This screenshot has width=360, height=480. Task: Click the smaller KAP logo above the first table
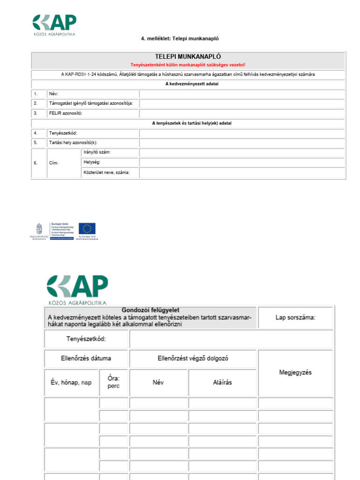click(54, 24)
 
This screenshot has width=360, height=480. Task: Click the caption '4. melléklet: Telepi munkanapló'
click(180, 39)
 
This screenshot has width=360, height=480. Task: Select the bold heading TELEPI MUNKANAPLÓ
click(188, 56)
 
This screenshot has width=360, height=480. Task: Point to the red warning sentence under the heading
click(188, 65)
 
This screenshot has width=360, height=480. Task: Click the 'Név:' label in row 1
click(54, 94)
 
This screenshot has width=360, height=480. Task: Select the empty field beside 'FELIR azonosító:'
click(242, 113)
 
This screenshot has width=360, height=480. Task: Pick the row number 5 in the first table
click(36, 142)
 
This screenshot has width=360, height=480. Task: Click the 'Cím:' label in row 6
click(54, 163)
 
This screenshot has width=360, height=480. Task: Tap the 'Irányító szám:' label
click(97, 153)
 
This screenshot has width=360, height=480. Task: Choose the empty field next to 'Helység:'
click(242, 163)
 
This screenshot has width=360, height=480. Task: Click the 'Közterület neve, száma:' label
click(106, 173)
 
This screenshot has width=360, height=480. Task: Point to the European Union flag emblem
click(87, 228)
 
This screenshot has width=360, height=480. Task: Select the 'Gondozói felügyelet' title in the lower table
click(150, 310)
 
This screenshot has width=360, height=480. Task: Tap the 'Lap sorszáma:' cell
click(295, 317)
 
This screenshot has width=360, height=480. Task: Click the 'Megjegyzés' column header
click(295, 373)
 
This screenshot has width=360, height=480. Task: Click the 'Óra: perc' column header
click(113, 382)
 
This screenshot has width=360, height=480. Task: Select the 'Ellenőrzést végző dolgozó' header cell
click(193, 359)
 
